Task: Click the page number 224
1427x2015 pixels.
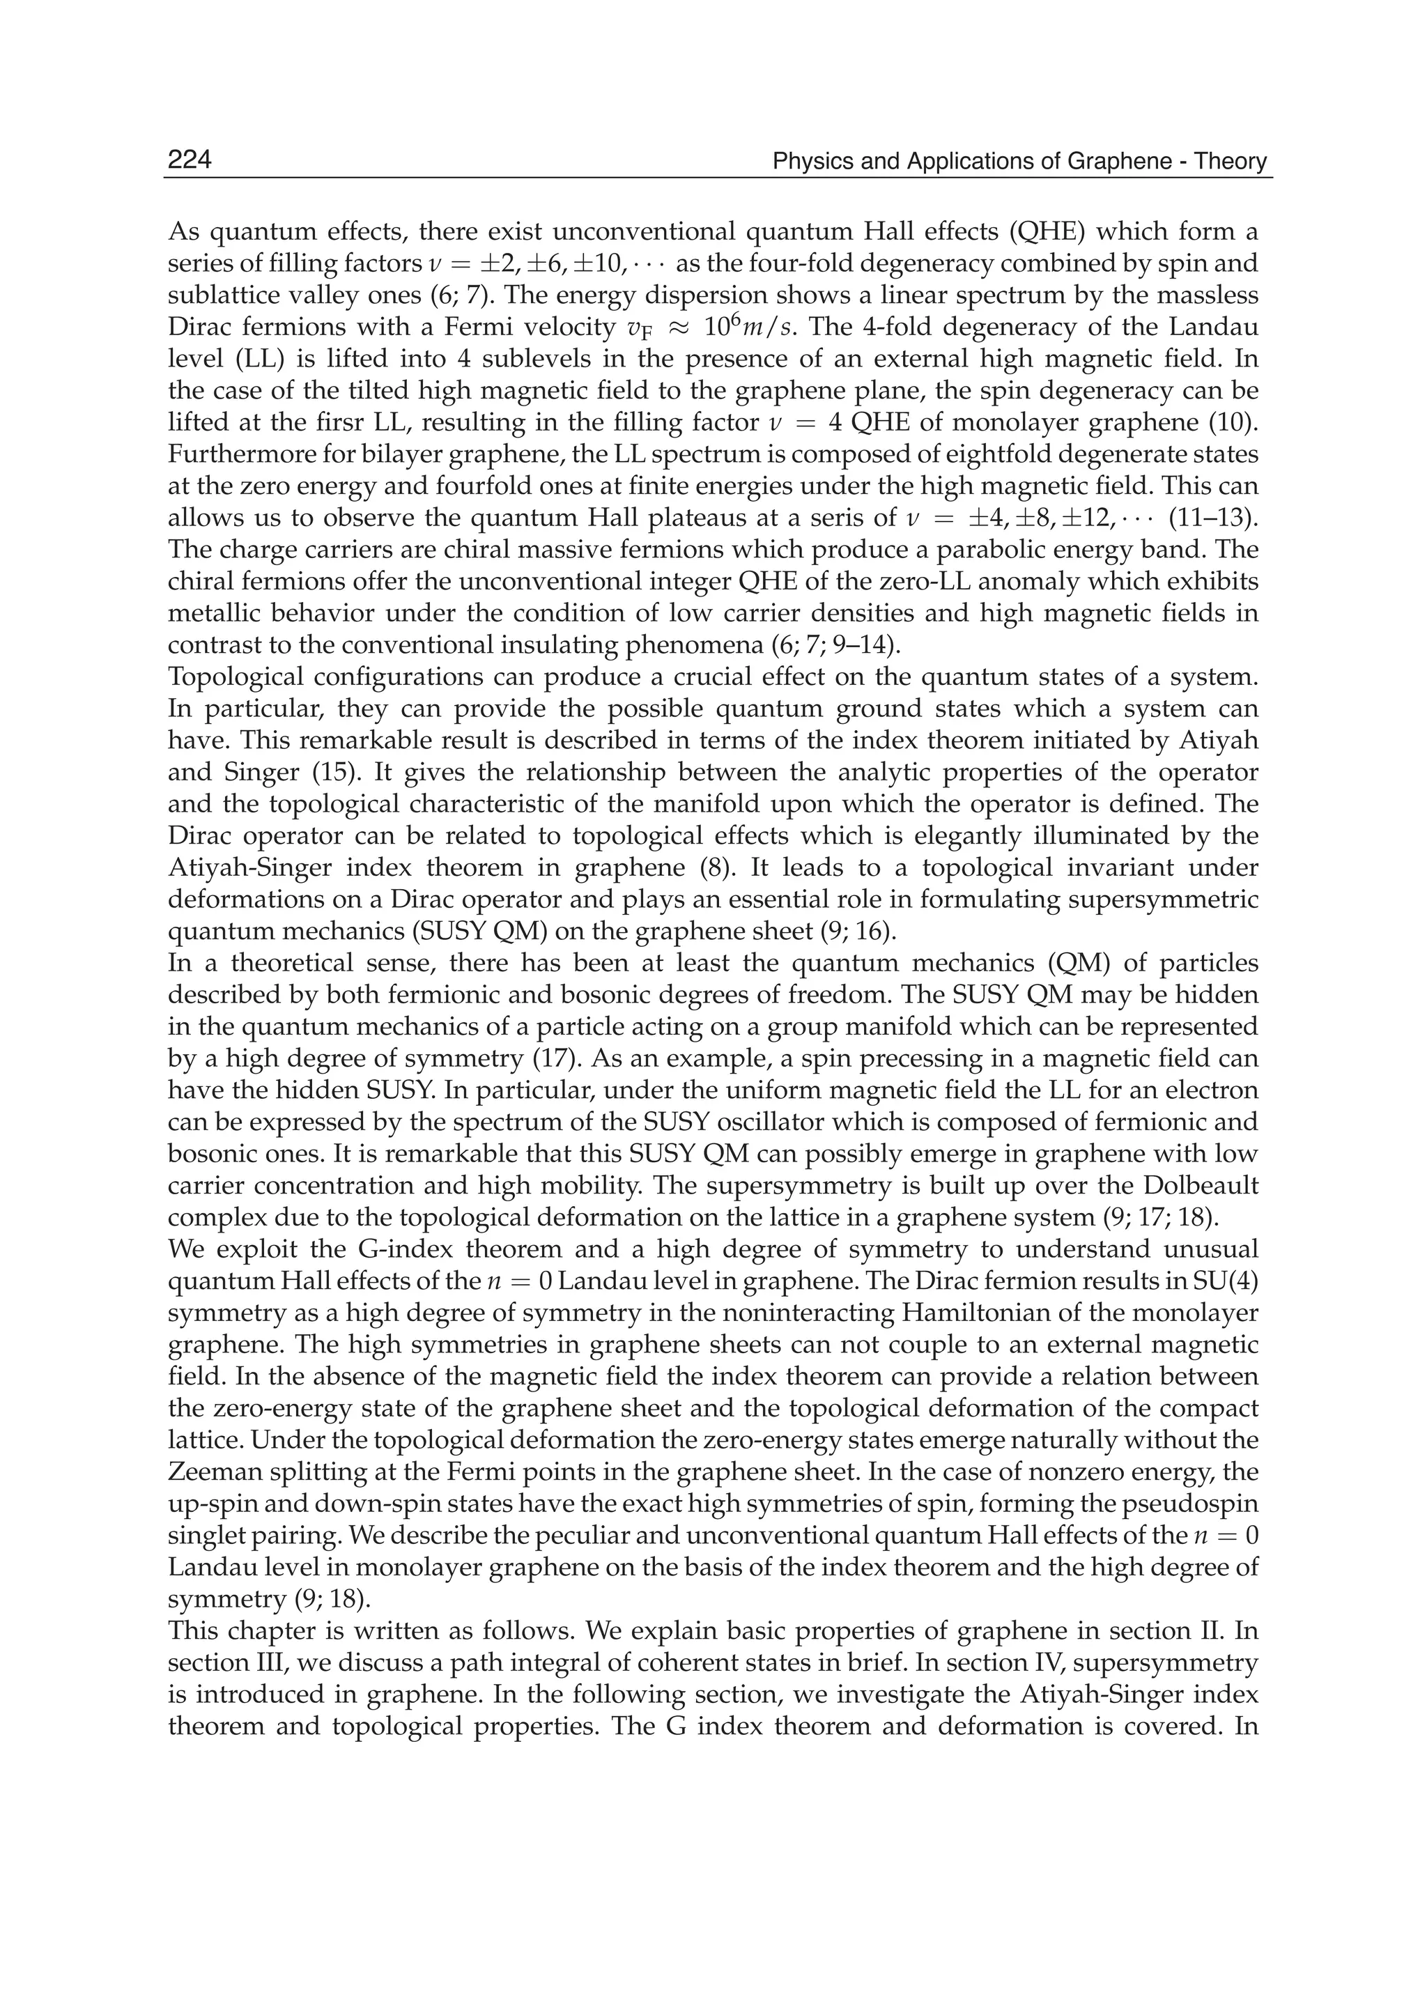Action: [190, 160]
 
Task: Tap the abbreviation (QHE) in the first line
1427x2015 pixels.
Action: [1044, 232]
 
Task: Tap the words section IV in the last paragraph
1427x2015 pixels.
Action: [1012, 1662]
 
